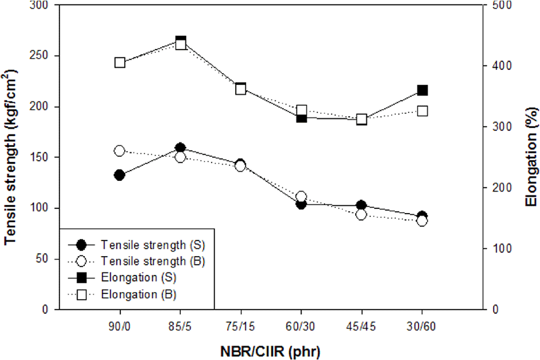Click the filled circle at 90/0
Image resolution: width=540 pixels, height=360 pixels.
click(119, 175)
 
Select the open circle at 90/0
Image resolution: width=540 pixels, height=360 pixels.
click(119, 151)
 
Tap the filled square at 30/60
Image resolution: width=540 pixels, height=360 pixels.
click(422, 91)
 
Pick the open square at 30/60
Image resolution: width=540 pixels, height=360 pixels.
click(422, 111)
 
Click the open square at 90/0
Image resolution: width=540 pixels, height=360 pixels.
click(119, 63)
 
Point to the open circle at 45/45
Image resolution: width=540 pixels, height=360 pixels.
click(361, 214)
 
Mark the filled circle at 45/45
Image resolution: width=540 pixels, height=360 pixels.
click(361, 206)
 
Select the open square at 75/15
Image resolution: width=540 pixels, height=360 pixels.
click(241, 90)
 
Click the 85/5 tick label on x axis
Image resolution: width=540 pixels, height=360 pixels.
click(180, 326)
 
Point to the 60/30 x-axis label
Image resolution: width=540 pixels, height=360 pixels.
click(300, 326)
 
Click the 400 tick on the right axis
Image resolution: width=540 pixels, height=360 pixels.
click(501, 65)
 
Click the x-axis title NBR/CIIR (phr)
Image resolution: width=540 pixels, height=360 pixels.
click(270, 352)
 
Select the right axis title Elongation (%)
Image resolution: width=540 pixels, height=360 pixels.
click(532, 157)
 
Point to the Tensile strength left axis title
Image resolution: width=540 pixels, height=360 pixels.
click(10, 157)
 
